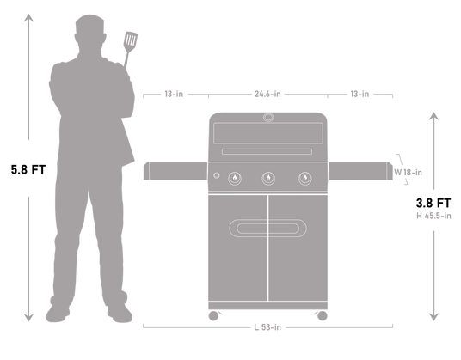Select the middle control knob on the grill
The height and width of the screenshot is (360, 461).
pos(267,178)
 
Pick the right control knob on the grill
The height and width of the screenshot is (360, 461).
pos(303,178)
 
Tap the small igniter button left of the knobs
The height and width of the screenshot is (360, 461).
pos(216,177)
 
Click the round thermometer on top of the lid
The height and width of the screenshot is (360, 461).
pos(267,118)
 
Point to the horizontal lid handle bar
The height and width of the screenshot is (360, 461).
pos(267,152)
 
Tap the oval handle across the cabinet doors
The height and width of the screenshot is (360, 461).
pos(267,227)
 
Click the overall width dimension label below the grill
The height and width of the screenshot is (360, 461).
pos(267,326)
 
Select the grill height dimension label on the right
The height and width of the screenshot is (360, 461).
pos(433,216)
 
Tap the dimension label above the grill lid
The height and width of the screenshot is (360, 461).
pos(267,94)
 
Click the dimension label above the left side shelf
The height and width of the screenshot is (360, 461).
pos(174,94)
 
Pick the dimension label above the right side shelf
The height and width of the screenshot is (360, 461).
pos(360,94)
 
